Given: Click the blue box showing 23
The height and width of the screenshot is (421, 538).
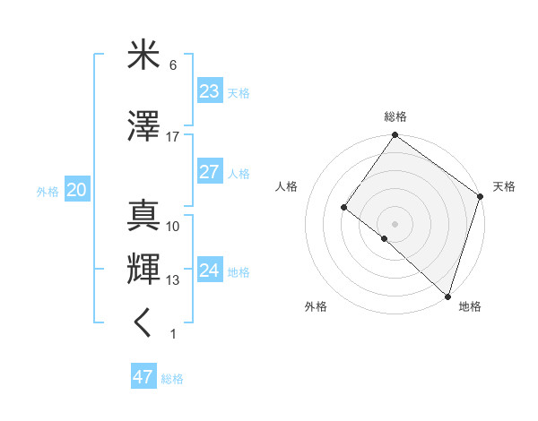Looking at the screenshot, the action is (210, 91).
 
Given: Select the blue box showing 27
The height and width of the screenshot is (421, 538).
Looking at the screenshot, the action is (210, 172).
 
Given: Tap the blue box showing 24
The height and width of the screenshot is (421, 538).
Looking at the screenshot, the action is (210, 271).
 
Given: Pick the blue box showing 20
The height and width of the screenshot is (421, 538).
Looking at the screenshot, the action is (76, 190).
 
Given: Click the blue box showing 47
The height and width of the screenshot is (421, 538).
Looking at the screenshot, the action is (143, 377).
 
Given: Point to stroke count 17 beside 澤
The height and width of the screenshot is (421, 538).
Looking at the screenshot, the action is (172, 137).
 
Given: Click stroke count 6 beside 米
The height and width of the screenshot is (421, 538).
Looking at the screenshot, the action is (172, 65).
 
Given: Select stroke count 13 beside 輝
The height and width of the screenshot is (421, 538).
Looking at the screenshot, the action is (172, 280).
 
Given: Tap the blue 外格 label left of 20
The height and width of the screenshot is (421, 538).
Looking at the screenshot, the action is (48, 191).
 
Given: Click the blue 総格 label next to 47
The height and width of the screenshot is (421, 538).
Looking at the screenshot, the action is (172, 379).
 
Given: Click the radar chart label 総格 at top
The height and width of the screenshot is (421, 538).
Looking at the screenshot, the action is (395, 116).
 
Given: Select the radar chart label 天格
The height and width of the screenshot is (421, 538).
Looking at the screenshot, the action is (504, 186).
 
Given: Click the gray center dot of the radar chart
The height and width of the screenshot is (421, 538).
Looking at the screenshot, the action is (395, 223).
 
